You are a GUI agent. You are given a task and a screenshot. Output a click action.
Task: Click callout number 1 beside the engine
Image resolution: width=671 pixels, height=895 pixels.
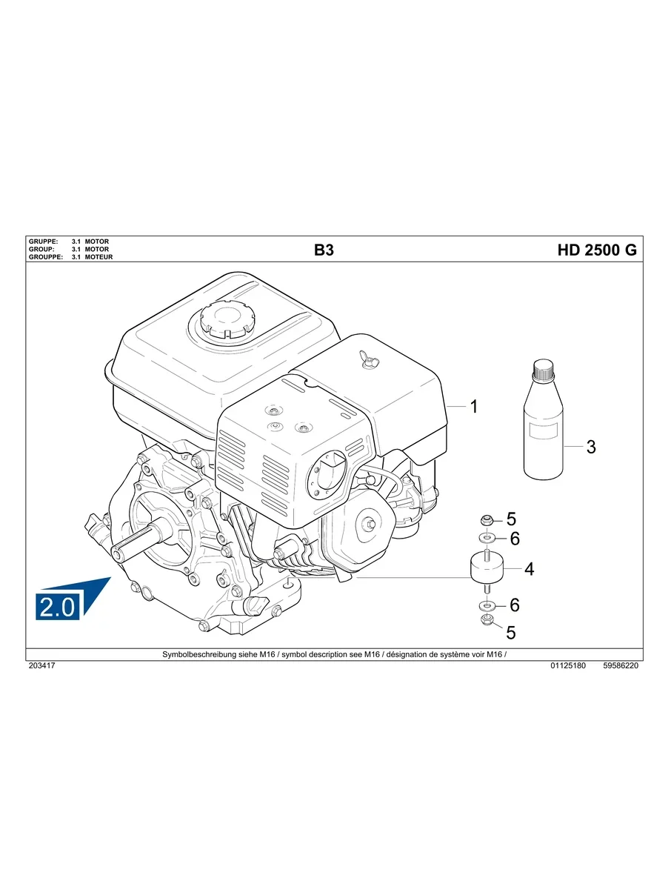coord(474,407)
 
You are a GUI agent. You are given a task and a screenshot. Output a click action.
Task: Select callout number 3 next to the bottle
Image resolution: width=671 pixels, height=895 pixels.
coord(591,447)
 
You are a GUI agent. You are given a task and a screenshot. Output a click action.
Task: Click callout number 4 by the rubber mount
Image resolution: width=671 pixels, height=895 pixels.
coord(530,569)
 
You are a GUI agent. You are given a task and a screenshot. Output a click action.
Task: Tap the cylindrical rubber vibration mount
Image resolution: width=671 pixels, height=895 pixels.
coord(487,568)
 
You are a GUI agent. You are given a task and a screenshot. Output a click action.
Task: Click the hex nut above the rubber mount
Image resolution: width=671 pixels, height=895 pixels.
coord(485,520)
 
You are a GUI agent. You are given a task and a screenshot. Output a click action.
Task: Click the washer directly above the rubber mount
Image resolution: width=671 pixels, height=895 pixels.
coord(486,538)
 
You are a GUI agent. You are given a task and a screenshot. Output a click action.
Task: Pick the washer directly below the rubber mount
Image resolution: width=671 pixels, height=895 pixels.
coord(487,605)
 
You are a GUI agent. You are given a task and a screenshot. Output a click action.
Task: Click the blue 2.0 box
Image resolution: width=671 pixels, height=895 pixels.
coord(58,606)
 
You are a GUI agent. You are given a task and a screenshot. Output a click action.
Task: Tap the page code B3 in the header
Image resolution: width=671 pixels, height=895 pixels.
coord(324,250)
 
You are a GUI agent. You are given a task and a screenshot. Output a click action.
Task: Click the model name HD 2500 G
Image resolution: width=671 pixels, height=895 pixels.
coord(597,250)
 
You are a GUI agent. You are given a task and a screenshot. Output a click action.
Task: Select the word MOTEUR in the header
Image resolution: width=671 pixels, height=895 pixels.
coord(99,257)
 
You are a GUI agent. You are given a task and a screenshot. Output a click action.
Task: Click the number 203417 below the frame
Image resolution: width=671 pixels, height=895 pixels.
coord(42,665)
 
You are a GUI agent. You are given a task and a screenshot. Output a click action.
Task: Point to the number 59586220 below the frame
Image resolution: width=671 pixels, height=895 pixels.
coord(621,665)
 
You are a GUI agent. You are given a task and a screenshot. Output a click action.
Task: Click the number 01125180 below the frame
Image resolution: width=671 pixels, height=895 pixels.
coord(568,665)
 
